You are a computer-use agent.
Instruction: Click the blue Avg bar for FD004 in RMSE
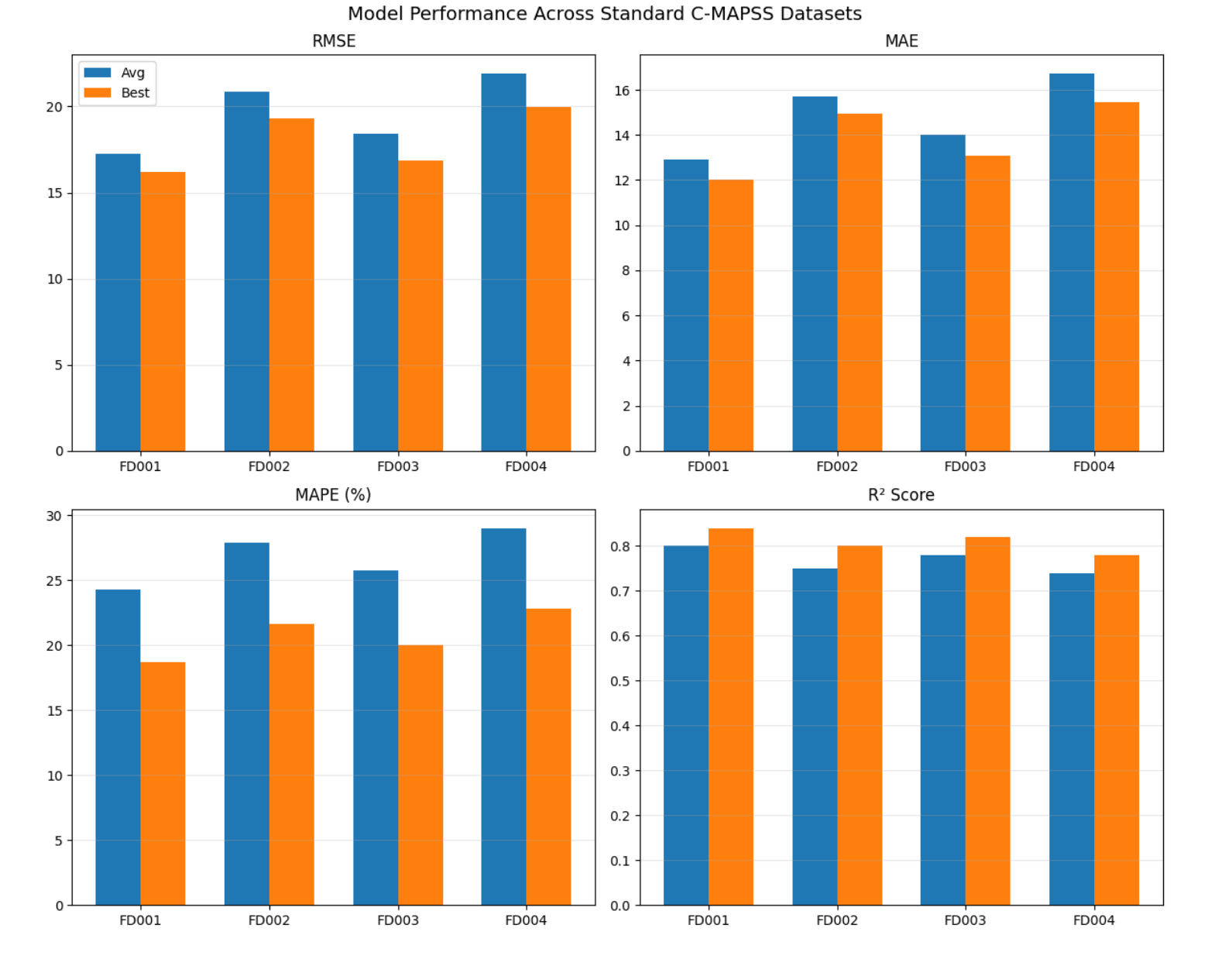pyautogui.click(x=503, y=263)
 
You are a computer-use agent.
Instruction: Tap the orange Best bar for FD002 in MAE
pyautogui.click(x=860, y=283)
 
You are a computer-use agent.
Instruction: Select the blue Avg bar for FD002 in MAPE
pyautogui.click(x=246, y=724)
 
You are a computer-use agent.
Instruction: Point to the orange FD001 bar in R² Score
pyautogui.click(x=731, y=717)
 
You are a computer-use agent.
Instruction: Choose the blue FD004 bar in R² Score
pyautogui.click(x=1071, y=740)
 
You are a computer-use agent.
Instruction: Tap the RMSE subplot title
pyautogui.click(x=334, y=41)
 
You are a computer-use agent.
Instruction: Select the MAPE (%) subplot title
pyautogui.click(x=333, y=495)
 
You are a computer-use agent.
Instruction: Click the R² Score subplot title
pyautogui.click(x=901, y=495)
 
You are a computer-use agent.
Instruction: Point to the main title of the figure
pyautogui.click(x=604, y=14)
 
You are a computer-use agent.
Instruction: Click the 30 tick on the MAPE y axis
pyautogui.click(x=54, y=516)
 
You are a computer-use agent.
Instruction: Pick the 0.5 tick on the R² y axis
pyautogui.click(x=620, y=682)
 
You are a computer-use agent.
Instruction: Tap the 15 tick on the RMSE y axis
pyautogui.click(x=54, y=193)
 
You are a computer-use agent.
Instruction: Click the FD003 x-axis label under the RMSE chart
pyautogui.click(x=397, y=466)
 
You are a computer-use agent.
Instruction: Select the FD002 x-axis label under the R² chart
pyautogui.click(x=836, y=920)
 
